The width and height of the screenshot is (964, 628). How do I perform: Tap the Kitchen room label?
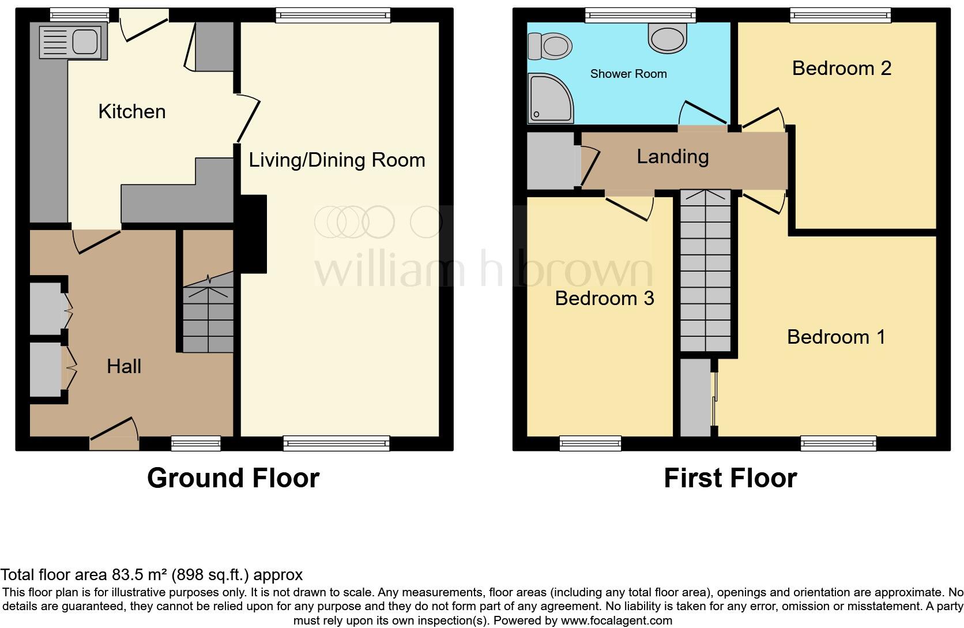(x=132, y=111)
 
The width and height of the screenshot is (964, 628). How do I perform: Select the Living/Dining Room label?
(x=337, y=160)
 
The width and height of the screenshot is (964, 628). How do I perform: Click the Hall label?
(x=124, y=366)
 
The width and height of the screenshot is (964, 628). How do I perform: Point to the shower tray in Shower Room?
(x=549, y=99)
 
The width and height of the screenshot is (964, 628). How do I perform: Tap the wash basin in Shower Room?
(x=668, y=36)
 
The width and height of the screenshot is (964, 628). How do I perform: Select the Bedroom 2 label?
(x=841, y=68)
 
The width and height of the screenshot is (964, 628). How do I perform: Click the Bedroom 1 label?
(x=836, y=337)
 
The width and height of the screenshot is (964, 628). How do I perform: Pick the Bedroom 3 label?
(x=604, y=298)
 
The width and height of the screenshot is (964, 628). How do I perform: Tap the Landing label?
(x=672, y=156)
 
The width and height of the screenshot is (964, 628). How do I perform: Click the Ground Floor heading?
(x=233, y=478)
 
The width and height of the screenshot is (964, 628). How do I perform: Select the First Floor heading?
(x=730, y=478)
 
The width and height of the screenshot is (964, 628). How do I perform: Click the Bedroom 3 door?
(x=630, y=205)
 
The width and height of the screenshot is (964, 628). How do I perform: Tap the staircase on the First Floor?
(x=706, y=271)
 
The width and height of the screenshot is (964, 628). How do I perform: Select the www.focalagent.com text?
(x=616, y=621)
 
